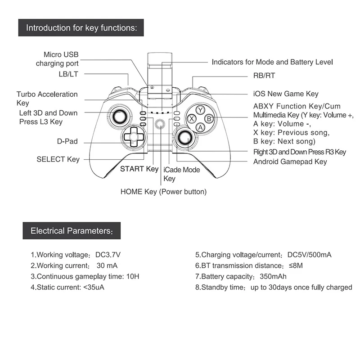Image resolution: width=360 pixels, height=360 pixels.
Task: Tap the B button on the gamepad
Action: click(208, 118)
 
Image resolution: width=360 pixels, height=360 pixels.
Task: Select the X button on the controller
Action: click(191, 119)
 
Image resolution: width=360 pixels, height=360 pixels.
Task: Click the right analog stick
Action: click(184, 138)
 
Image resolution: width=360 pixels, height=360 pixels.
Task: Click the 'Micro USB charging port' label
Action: click(57, 59)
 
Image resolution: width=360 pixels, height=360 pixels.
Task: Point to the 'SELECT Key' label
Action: click(58, 159)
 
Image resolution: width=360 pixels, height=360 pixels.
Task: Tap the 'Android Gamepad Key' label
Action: click(290, 162)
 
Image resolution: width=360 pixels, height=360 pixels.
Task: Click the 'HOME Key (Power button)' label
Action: click(164, 191)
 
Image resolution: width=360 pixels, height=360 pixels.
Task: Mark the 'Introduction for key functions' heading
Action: click(81, 27)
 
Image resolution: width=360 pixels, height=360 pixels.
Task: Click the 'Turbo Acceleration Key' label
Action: click(47, 99)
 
